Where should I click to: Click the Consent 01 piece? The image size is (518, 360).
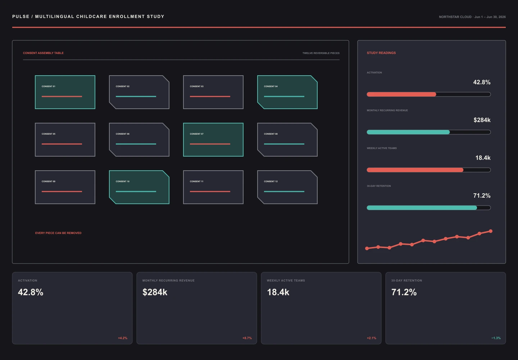point(65,92)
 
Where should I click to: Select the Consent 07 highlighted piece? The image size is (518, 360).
point(213,140)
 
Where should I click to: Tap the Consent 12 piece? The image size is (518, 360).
point(287,187)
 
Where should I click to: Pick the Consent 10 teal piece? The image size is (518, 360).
point(139,187)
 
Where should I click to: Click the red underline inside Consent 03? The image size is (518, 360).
point(210,96)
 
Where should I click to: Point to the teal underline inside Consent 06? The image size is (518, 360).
point(136,144)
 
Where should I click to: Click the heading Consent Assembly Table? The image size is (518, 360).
point(43,53)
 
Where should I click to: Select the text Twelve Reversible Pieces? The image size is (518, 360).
point(321,53)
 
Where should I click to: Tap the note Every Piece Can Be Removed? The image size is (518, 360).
point(58,233)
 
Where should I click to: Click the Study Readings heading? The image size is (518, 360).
point(381,53)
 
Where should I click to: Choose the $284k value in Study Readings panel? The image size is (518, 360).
point(482,120)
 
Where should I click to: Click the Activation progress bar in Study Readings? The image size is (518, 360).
point(429,94)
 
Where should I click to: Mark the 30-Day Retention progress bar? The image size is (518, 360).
point(429,208)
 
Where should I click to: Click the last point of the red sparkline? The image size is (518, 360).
point(491,231)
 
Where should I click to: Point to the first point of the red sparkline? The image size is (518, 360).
point(367,248)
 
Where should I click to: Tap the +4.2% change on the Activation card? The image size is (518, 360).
point(123,338)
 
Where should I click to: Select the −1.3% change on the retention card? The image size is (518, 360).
point(496,338)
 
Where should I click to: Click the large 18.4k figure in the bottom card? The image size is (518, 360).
point(278,292)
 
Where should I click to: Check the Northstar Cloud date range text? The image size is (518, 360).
point(472,17)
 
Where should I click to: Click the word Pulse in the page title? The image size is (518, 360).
point(21,17)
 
